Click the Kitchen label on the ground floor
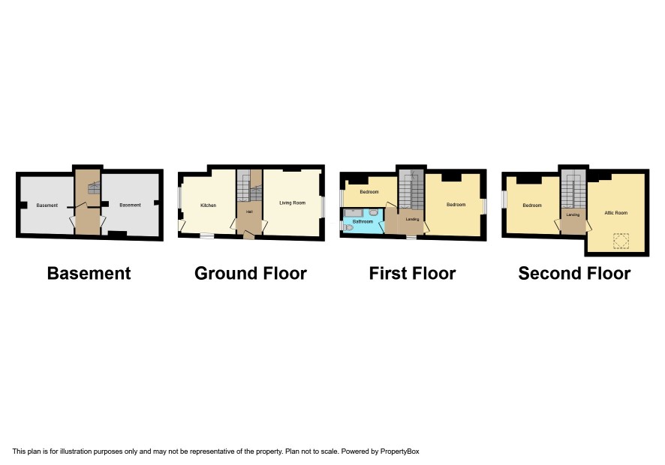208,205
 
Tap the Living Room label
292,202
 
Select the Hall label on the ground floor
249,211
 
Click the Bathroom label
363,221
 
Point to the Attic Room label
615,213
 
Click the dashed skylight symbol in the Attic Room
621,241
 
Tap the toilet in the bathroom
348,228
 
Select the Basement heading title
89,274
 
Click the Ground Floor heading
251,274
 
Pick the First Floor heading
412,274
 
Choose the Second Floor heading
574,274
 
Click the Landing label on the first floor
412,219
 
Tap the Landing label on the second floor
573,215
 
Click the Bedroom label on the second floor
532,205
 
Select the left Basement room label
47,205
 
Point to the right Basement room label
130,205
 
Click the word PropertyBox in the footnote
399,451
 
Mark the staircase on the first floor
411,190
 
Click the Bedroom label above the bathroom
369,191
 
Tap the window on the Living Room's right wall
323,207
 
